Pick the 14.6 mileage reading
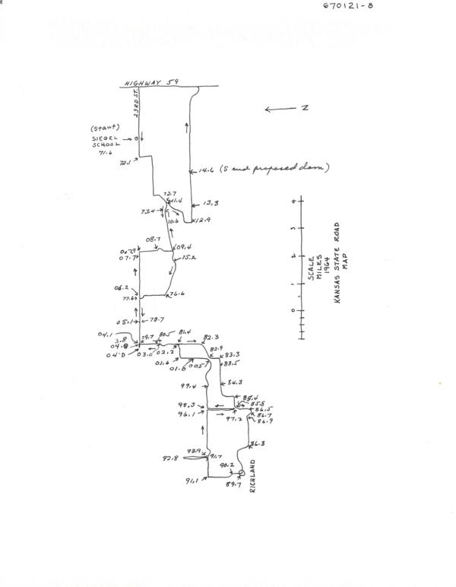pyautogui.click(x=205, y=170)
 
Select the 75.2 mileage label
pyautogui.click(x=188, y=258)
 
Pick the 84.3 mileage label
pyautogui.click(x=233, y=382)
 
